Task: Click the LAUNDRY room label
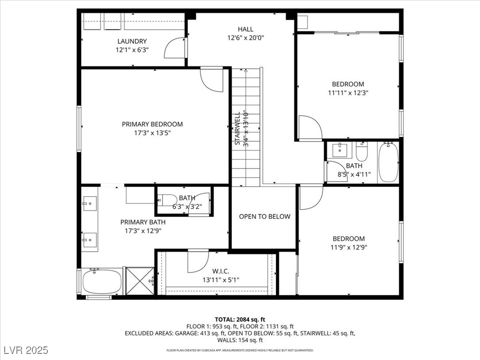132,41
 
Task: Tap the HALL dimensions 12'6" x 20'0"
246,37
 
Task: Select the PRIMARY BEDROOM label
152,124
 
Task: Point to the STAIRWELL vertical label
238,128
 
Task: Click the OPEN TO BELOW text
264,217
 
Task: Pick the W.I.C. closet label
221,271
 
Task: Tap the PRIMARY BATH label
142,222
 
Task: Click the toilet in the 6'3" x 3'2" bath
167,200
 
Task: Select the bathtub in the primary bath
102,281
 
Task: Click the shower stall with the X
140,281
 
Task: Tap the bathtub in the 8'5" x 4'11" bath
389,162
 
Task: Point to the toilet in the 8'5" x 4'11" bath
362,151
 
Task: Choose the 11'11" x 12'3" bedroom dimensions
348,93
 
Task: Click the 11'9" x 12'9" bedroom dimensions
349,247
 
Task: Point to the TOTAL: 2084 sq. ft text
240,320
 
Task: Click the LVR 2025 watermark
26,350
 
